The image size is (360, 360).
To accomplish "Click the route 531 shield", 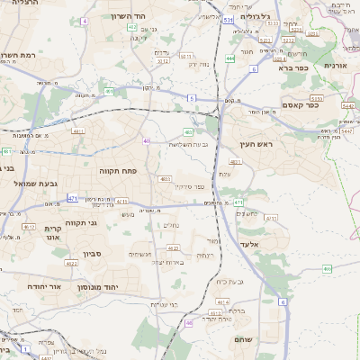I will [229, 19].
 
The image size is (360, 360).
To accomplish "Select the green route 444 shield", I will [230, 58].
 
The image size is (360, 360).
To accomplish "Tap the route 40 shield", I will [146, 140].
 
